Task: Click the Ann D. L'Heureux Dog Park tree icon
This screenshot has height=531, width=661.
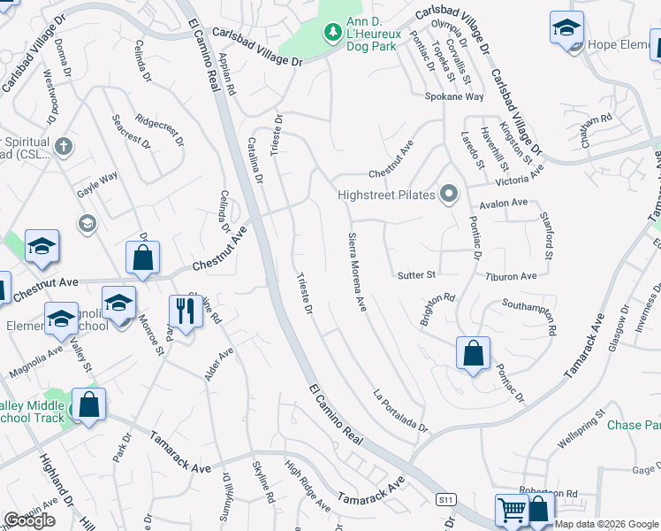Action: pyautogui.click(x=332, y=33)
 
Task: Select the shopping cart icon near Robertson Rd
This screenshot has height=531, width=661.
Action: pyautogui.click(x=512, y=510)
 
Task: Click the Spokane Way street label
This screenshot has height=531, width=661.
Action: pyautogui.click(x=454, y=96)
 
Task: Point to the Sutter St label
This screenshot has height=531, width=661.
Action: pyautogui.click(x=416, y=275)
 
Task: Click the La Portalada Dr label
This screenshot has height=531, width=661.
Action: pyautogui.click(x=400, y=411)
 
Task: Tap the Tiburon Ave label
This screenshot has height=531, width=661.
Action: pyautogui.click(x=511, y=276)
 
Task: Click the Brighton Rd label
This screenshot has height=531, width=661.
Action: pyautogui.click(x=437, y=309)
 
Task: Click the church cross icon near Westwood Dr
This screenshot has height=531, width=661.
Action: pyautogui.click(x=63, y=146)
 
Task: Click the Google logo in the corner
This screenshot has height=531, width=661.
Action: pyautogui.click(x=29, y=520)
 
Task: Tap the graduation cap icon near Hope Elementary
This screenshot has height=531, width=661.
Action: pyautogui.click(x=566, y=28)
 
